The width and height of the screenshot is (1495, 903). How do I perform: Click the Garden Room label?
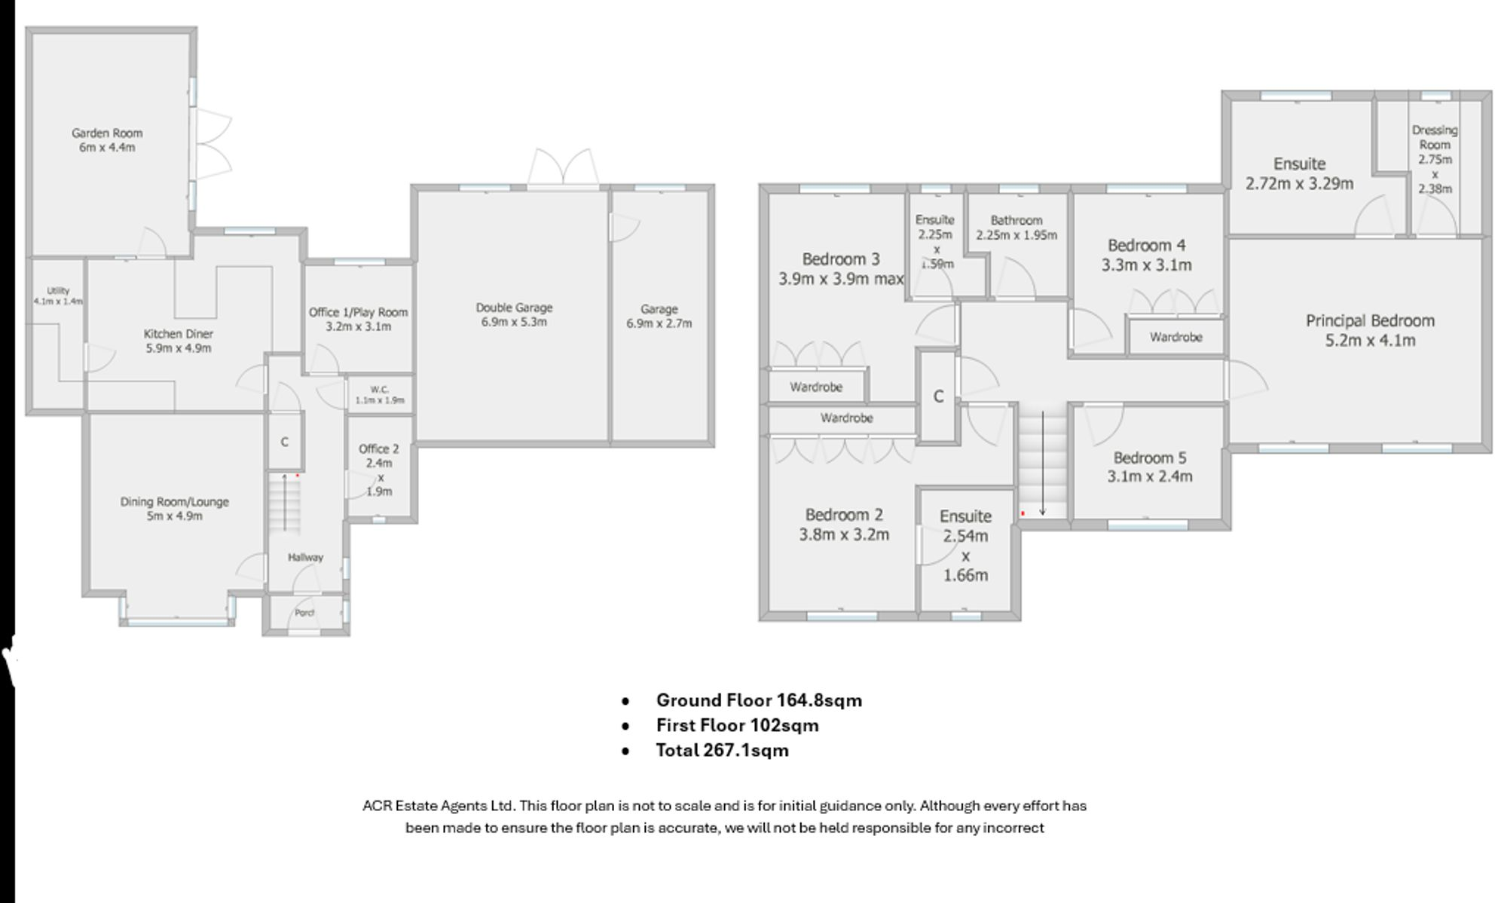[x=107, y=133]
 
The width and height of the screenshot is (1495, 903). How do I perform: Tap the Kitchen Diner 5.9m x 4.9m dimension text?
[x=179, y=348]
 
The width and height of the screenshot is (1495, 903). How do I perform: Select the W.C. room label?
[x=380, y=390]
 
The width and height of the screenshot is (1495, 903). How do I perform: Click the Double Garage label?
[x=514, y=308]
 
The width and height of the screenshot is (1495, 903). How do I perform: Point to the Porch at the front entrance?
[x=304, y=613]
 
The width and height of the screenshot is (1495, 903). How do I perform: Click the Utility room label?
[x=58, y=291]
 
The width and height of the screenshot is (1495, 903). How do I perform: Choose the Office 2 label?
[x=379, y=448]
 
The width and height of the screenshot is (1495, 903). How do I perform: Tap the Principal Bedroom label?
[x=1370, y=321]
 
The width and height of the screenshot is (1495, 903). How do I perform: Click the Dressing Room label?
[x=1435, y=137]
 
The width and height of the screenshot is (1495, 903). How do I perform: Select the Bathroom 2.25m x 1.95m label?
[x=1017, y=228]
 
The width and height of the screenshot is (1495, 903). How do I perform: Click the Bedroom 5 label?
[x=1150, y=458]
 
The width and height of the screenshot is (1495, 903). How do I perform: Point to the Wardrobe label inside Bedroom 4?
[x=1176, y=337]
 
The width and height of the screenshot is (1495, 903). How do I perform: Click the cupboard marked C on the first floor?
[x=938, y=396]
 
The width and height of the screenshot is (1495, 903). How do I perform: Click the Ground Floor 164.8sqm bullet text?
[x=759, y=700]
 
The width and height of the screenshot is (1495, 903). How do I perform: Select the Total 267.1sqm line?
[x=722, y=750]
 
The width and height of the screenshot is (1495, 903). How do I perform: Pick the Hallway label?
[x=305, y=557]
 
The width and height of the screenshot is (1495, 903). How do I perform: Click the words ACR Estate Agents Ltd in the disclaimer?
[x=438, y=806]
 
